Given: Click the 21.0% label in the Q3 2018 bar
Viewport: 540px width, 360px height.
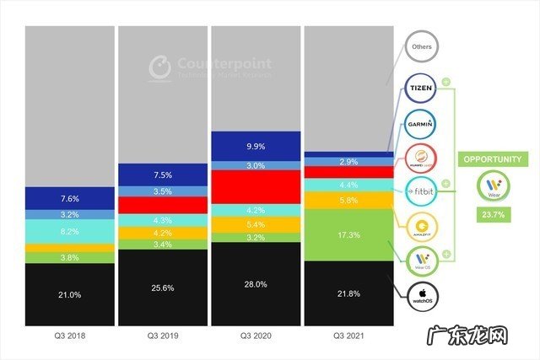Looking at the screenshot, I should pyautogui.click(x=69, y=294).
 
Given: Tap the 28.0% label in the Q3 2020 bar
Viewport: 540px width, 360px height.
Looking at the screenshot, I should pyautogui.click(x=254, y=284).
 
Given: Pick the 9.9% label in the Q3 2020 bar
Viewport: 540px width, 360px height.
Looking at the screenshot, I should pyautogui.click(x=254, y=146).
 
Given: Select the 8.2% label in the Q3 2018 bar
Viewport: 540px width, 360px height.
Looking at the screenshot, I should pyautogui.click(x=69, y=229).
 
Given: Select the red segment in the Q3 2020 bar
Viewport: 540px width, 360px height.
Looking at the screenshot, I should pyautogui.click(x=254, y=186).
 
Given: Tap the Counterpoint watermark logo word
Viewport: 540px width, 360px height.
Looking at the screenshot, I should pyautogui.click(x=213, y=63).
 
